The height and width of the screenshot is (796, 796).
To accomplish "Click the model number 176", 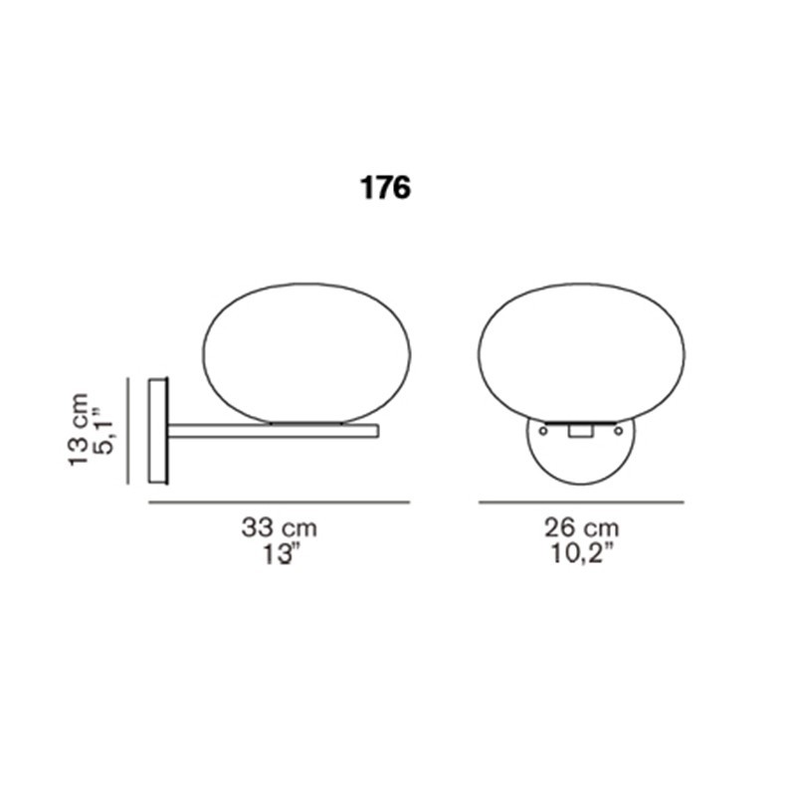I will (385, 188).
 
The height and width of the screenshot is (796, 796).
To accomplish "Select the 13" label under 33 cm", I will (279, 553).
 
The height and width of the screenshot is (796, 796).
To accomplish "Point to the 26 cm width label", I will (581, 528).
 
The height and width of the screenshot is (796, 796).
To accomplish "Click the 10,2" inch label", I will (581, 553).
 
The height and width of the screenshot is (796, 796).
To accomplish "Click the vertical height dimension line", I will (128, 431).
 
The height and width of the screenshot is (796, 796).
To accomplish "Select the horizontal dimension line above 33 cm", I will (279, 502).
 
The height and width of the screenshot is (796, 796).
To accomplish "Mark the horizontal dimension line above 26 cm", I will (581, 502).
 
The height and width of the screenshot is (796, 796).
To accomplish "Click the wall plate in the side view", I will (157, 431).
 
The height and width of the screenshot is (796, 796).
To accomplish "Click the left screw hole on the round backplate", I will (542, 431).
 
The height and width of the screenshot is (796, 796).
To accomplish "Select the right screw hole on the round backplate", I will (619, 431).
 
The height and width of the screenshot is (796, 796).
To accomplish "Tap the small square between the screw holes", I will (580, 432).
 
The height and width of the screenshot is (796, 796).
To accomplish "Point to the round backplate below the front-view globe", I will (580, 460).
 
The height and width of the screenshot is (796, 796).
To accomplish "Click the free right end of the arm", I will (376, 431).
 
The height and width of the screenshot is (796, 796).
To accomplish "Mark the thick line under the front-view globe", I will (580, 422).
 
